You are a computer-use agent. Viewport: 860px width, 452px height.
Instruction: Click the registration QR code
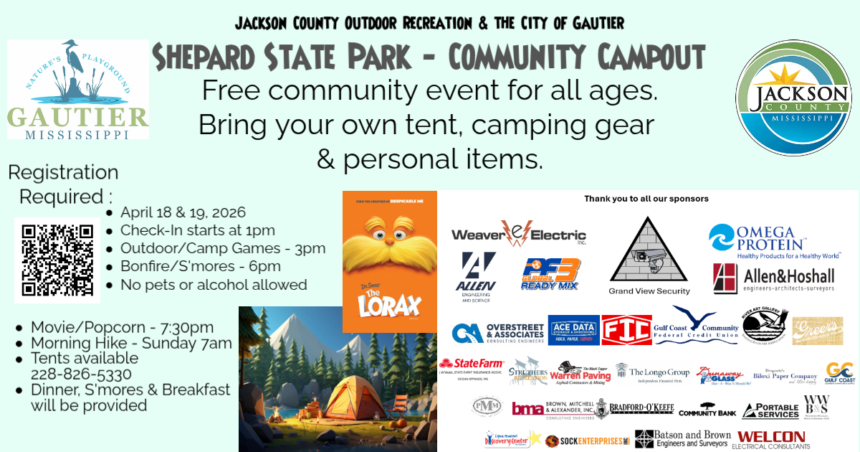57,260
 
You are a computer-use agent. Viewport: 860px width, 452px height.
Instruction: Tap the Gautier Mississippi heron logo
77,90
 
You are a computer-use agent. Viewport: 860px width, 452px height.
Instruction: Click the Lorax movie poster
389,261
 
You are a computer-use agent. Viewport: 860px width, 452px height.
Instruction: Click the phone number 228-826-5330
80,374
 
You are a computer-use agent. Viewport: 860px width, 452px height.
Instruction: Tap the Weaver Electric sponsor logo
518,235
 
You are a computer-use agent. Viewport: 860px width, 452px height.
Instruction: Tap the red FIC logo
626,330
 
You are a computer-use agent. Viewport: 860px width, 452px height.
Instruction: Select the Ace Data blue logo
573,330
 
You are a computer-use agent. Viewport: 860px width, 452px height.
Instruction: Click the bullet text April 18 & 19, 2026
183,212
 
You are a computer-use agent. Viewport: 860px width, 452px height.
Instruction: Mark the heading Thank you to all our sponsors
646,198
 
